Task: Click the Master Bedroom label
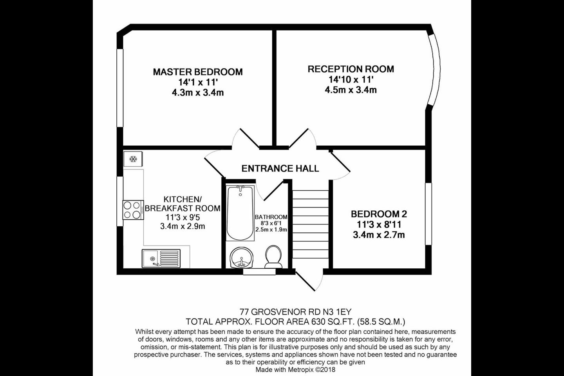(x=198, y=72)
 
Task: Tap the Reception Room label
(x=351, y=69)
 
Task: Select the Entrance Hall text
(x=280, y=168)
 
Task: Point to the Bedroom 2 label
(x=379, y=214)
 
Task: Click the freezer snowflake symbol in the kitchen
(x=133, y=159)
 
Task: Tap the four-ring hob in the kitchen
(x=133, y=210)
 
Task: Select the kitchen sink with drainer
(x=161, y=258)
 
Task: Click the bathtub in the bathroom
(x=240, y=213)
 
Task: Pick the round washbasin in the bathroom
(x=241, y=258)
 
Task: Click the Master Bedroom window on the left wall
(x=120, y=88)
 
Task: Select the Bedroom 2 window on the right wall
(x=428, y=214)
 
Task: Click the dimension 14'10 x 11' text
(x=351, y=80)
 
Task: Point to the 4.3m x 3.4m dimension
(x=198, y=93)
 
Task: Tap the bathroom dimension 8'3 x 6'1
(x=271, y=223)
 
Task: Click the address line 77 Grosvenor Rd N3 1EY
(x=295, y=312)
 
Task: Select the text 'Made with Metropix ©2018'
(x=296, y=370)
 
